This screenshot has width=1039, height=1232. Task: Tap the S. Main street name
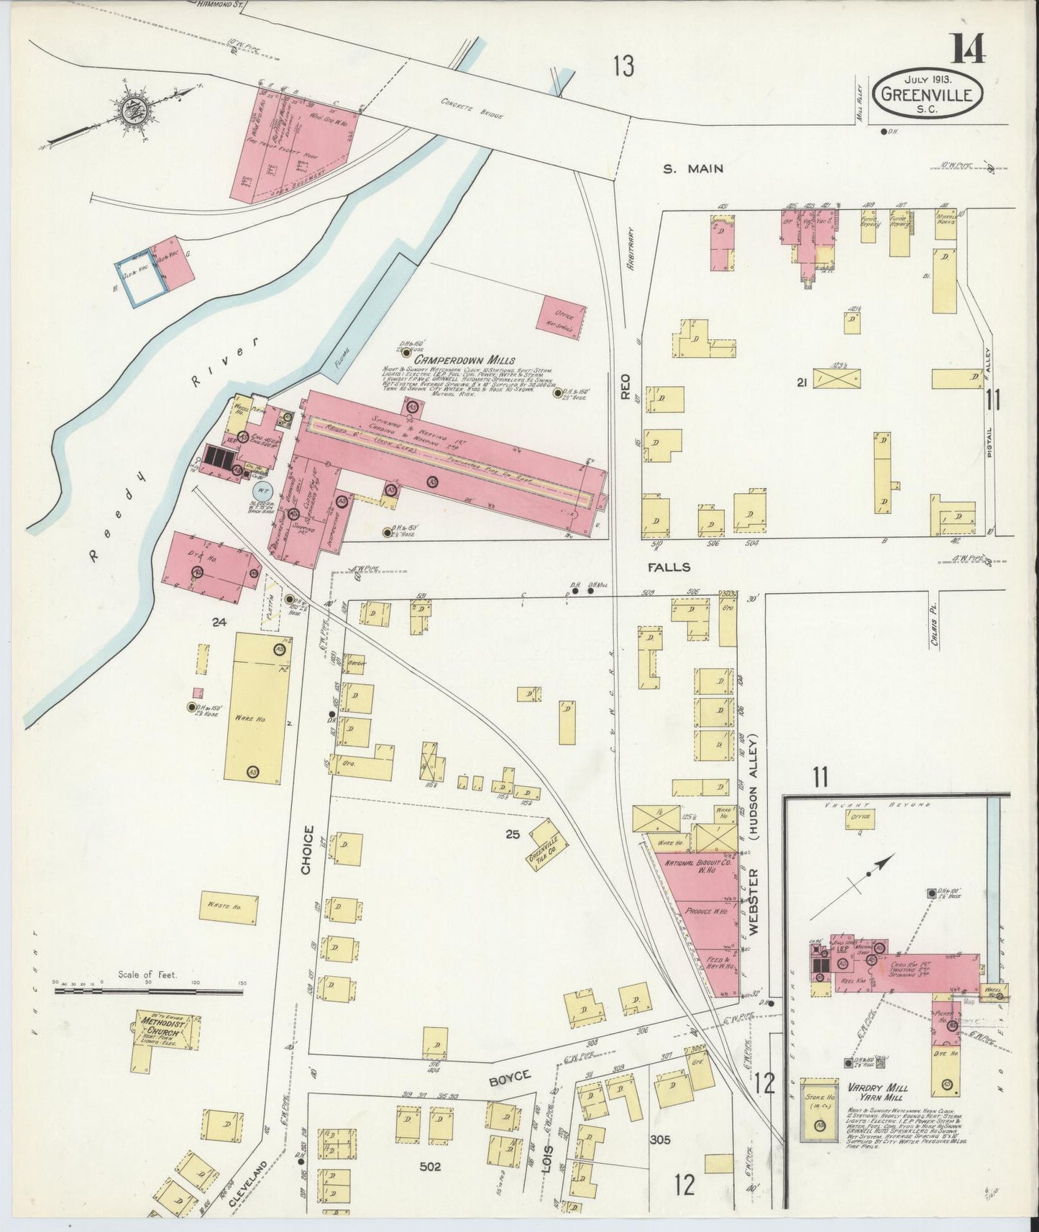pyautogui.click(x=692, y=169)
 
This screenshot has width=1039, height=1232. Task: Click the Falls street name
pyautogui.click(x=669, y=567)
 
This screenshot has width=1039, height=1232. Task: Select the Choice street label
pyautogui.click(x=308, y=850)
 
